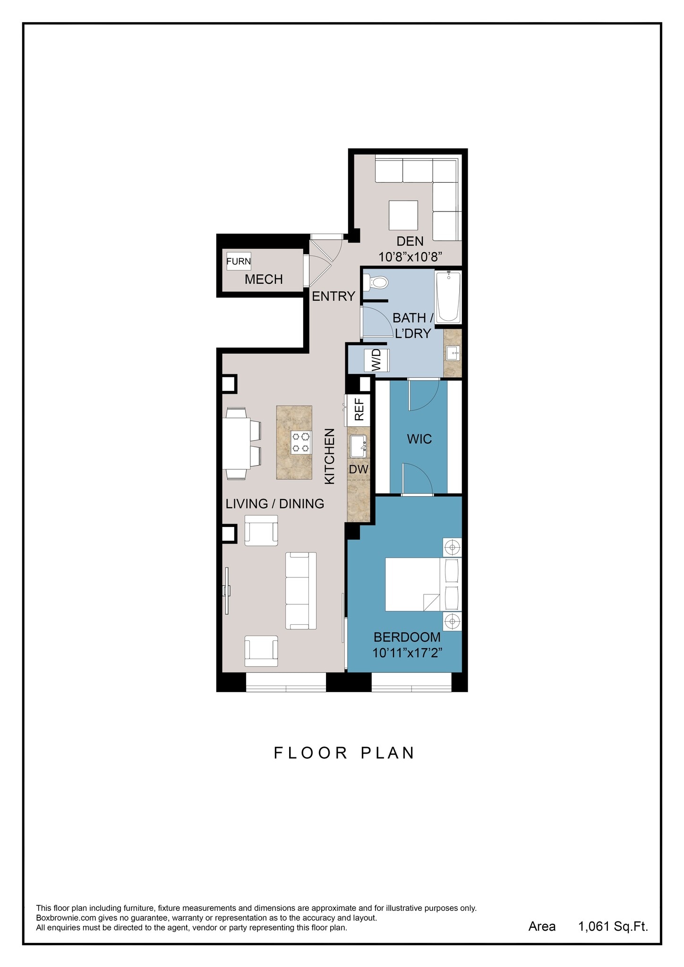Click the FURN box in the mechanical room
[x=239, y=261]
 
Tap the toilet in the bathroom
[x=376, y=283]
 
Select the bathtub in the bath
[x=448, y=297]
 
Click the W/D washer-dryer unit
[x=377, y=360]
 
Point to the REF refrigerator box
[x=359, y=409]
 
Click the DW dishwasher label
[x=359, y=469]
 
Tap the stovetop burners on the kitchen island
[x=301, y=443]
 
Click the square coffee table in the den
[x=403, y=215]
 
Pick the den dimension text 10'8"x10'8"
[x=410, y=257]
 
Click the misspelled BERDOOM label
[x=407, y=637]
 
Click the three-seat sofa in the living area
[x=301, y=591]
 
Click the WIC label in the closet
[x=419, y=439]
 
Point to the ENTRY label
[x=333, y=296]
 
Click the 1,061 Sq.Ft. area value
[x=613, y=926]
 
